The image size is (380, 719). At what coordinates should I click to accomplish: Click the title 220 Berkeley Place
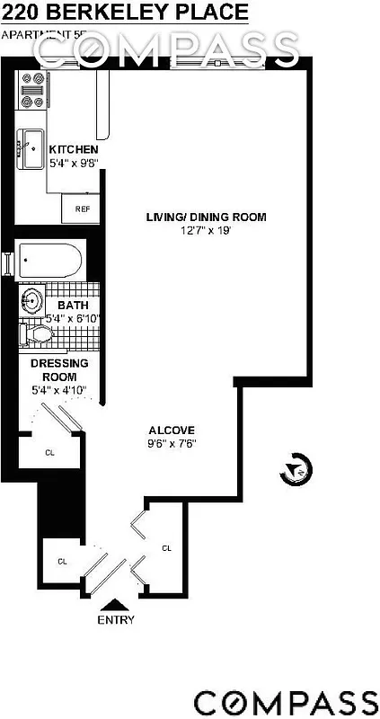tap(124, 13)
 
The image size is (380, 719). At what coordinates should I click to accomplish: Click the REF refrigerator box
tap(83, 209)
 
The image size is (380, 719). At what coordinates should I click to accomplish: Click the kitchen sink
tap(32, 147)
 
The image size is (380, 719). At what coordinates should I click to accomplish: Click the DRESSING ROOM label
tap(58, 369)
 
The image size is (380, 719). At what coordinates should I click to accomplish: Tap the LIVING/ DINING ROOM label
tap(207, 217)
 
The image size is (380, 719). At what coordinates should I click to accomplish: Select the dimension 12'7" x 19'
tap(207, 231)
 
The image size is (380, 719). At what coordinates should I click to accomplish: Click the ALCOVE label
tap(172, 430)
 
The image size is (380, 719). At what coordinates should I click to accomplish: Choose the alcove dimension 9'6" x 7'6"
tap(172, 443)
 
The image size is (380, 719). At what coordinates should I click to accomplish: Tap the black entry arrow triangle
tap(117, 607)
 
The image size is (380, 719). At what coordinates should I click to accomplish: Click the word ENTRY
tap(117, 620)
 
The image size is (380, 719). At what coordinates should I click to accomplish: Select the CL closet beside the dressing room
tap(49, 453)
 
